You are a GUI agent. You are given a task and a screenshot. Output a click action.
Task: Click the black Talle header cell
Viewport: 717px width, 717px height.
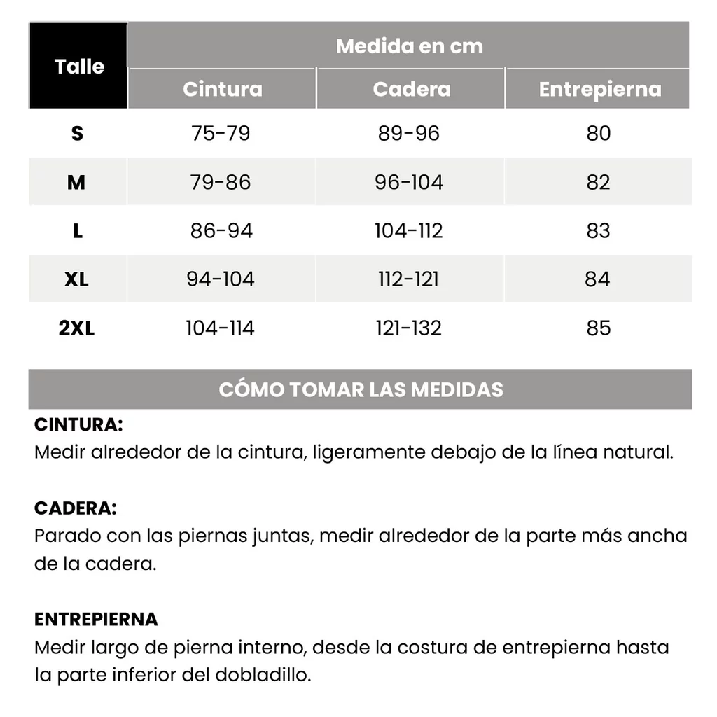78,67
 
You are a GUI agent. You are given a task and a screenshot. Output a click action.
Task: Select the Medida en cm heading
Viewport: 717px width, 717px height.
409,46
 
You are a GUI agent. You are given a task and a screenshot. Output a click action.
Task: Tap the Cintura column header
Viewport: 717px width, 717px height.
223,89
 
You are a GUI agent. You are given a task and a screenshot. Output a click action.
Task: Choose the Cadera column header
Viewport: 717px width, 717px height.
411,89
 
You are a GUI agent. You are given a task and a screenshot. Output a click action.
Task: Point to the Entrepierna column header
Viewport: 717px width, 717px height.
599,89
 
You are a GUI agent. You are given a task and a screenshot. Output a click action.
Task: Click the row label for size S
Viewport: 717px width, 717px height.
77,133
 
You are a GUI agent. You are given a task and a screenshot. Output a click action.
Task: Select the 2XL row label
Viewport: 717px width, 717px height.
76,328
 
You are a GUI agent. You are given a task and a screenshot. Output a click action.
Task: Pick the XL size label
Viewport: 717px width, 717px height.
76,279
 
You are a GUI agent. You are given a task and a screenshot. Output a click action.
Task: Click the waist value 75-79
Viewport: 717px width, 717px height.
221,133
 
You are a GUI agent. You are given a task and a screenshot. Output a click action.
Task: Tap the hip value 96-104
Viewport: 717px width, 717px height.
409,182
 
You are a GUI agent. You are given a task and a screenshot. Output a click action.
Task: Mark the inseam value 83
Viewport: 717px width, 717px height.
599,230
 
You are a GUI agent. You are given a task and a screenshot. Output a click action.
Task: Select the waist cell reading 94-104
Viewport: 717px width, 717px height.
221,279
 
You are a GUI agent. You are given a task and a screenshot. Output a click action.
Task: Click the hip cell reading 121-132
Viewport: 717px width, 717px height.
409,328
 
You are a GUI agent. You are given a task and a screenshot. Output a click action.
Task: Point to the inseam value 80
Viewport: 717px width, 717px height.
599,133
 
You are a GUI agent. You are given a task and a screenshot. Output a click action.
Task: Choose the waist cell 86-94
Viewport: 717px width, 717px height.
221,230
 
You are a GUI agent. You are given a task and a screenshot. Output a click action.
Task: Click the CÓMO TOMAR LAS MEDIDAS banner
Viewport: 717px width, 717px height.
361,389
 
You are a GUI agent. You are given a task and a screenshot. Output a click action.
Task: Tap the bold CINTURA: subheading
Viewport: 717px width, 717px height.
78,424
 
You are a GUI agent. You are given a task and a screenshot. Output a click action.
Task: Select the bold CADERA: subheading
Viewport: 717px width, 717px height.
76,508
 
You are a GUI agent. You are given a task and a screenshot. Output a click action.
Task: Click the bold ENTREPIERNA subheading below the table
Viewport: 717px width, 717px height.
96,619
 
